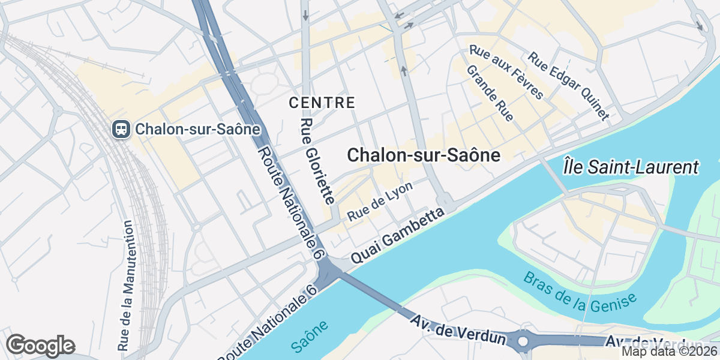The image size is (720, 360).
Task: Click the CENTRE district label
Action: [322, 103]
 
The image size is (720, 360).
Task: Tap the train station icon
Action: [121, 128]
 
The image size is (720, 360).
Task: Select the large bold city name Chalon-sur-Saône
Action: [424, 155]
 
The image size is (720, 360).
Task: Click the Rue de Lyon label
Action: [380, 201]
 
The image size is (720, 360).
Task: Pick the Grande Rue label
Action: [490, 93]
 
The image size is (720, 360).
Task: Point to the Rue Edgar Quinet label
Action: [568, 86]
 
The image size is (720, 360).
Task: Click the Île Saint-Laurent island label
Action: [632, 167]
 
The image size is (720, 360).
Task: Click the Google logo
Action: [40, 346]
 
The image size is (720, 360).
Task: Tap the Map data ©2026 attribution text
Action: [669, 352]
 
